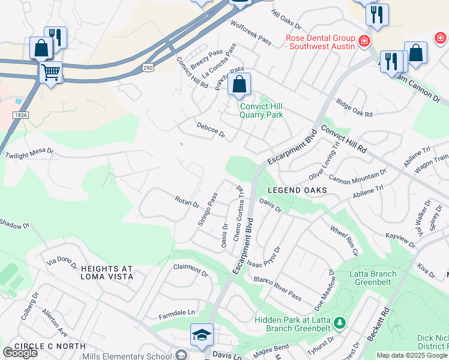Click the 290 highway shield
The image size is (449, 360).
[148, 68]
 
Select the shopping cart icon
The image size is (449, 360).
[51, 73]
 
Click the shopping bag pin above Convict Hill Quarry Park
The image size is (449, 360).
[239, 85]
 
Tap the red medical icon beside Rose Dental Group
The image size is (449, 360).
[363, 41]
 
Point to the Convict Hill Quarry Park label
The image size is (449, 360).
[261, 110]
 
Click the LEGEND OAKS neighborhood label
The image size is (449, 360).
[297, 190]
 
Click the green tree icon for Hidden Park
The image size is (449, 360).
[340, 324]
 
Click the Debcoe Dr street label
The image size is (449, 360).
[210, 130]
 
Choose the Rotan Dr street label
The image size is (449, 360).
[187, 202]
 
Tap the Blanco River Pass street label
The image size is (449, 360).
[277, 288]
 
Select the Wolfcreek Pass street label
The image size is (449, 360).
[252, 31]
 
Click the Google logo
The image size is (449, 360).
[20, 353]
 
